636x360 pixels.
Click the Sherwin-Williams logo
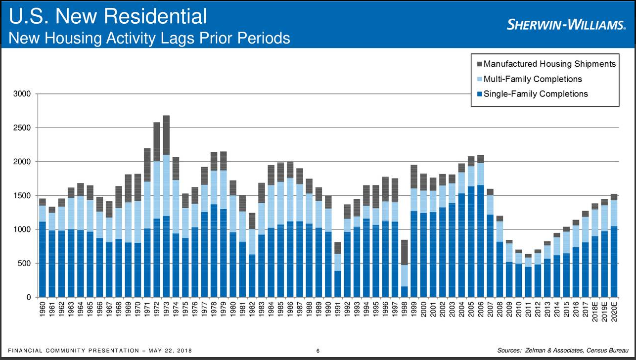click(566, 24)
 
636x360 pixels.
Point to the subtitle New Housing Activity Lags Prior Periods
click(149, 38)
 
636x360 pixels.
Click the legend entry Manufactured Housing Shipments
click(549, 64)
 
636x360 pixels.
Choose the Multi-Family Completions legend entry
click(532, 79)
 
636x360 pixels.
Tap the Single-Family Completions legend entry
click(535, 94)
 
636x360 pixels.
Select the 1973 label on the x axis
click(166, 310)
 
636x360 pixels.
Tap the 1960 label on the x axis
click(43, 310)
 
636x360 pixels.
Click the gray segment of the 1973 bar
click(166, 135)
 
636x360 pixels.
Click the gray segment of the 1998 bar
click(405, 252)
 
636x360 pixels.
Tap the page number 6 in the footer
click(318, 351)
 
